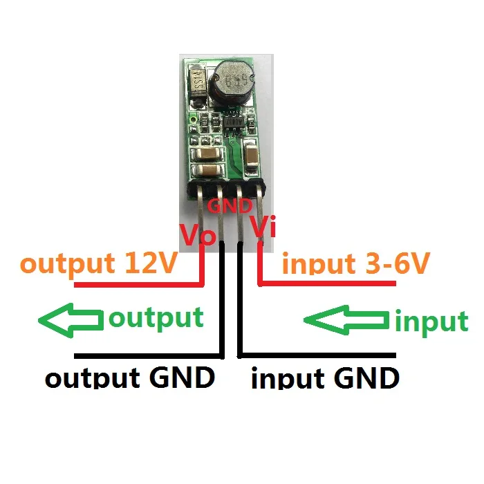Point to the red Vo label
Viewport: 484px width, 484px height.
[x=198, y=234]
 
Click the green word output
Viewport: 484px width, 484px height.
[x=156, y=318]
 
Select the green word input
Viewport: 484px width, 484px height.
[x=431, y=322]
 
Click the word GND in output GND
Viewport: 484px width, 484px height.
[x=182, y=378]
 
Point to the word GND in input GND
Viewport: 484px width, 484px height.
[x=365, y=378]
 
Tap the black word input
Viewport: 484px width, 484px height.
[x=286, y=379]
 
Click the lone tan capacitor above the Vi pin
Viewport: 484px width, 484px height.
[x=251, y=153]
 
